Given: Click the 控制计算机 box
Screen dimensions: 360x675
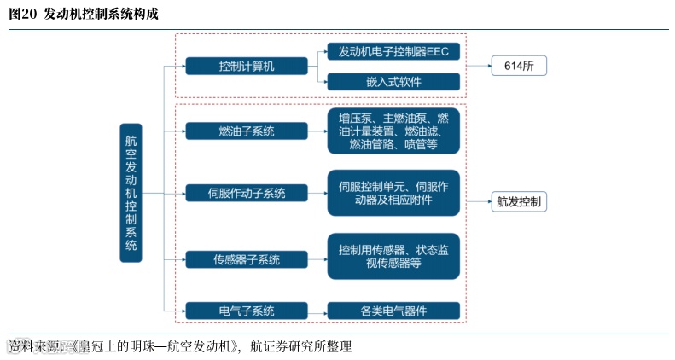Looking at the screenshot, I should (x=247, y=66).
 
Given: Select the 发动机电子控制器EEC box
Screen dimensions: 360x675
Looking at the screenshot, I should (x=393, y=51).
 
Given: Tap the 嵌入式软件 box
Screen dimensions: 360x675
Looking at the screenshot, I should (x=393, y=82).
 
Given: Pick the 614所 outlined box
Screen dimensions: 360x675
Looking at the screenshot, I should (x=518, y=66).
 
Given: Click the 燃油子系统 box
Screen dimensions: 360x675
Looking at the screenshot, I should (x=247, y=131).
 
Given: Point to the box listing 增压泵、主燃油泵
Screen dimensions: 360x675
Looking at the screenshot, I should (x=393, y=131).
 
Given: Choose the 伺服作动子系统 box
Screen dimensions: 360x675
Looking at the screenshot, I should (x=247, y=193).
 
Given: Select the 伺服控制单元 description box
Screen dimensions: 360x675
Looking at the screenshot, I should (x=393, y=193).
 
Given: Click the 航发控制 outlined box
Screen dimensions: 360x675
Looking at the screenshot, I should (x=518, y=202).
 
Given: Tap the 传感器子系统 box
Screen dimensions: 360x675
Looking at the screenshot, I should (x=247, y=258).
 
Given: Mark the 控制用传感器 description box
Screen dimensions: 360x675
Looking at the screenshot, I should (x=393, y=256).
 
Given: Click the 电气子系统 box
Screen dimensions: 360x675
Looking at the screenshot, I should (x=247, y=311).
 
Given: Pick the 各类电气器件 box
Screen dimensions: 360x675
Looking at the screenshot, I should (x=393, y=311).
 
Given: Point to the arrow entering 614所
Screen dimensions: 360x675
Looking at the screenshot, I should (x=478, y=66).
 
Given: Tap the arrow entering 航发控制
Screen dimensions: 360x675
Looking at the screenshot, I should (x=478, y=202).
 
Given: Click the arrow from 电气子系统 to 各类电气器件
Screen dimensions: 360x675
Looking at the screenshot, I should (x=317, y=311).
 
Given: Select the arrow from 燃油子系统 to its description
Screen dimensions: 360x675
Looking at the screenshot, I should (x=317, y=131).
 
